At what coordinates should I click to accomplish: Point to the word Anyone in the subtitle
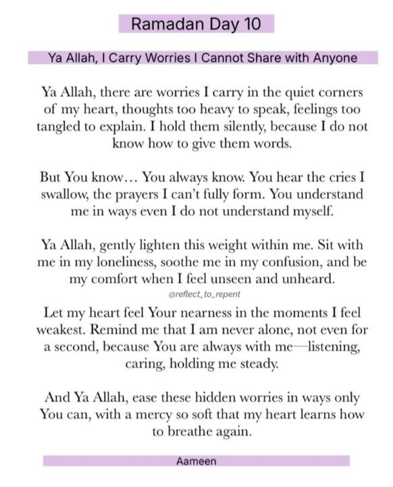[335, 58]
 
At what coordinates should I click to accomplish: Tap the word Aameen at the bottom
[196, 461]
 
